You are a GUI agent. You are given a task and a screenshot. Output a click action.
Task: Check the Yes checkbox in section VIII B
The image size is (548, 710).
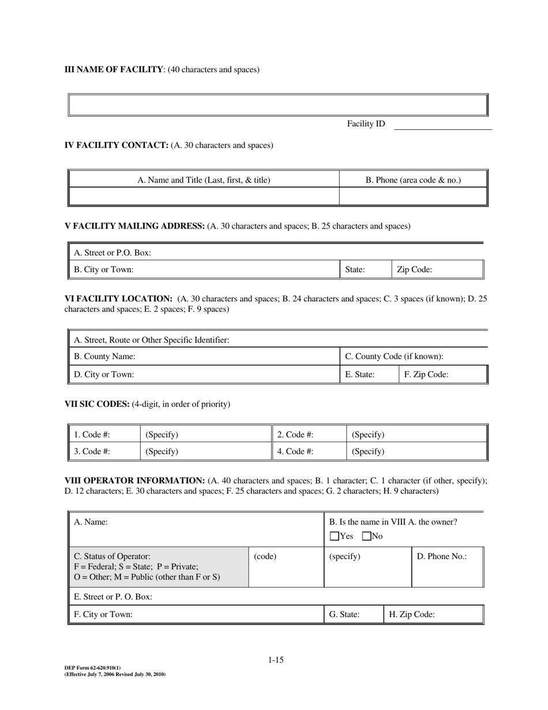[x=334, y=536]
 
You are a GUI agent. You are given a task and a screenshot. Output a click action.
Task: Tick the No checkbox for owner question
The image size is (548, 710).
[x=366, y=536]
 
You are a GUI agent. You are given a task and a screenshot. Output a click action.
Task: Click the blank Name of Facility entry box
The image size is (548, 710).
[x=277, y=105]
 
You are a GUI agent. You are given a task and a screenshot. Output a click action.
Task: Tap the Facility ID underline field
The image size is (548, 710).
[x=442, y=124]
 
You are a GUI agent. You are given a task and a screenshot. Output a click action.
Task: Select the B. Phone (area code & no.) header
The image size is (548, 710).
[x=413, y=180]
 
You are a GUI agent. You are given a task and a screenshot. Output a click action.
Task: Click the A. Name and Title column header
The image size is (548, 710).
[x=204, y=180]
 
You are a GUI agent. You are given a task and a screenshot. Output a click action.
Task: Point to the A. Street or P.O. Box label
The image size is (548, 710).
[x=112, y=253]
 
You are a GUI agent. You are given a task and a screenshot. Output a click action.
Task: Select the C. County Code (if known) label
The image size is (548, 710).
[x=394, y=357]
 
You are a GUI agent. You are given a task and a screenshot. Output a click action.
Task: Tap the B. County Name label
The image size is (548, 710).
[x=104, y=357]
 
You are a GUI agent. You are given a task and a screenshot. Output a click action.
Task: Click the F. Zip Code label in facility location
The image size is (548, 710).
[x=426, y=375]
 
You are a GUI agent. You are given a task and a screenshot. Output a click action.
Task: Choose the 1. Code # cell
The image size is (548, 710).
[x=92, y=435]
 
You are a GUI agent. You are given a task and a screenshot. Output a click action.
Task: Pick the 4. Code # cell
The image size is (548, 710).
[x=295, y=451]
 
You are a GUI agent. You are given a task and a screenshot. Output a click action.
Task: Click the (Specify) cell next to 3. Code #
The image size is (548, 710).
[x=162, y=451]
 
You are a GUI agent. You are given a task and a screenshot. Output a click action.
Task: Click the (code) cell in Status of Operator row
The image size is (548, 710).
[x=265, y=556]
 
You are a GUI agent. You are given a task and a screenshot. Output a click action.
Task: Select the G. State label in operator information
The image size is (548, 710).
[x=344, y=615]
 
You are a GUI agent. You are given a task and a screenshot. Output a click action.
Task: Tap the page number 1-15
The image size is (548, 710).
[x=276, y=660]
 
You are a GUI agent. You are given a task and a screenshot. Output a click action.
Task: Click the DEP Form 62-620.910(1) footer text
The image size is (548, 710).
[x=93, y=668]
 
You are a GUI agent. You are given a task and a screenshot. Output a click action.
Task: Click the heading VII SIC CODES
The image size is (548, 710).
[x=97, y=404]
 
